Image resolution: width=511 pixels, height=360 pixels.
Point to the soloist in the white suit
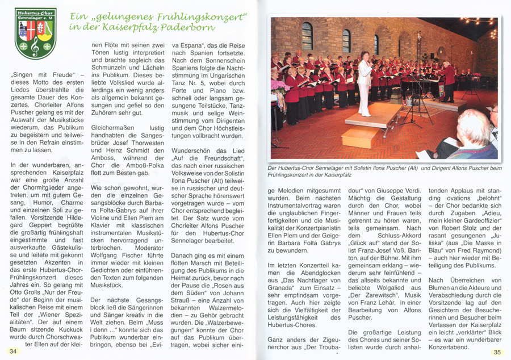tap(364, 85)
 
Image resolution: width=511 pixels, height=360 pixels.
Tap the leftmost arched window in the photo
tap(307, 36)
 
